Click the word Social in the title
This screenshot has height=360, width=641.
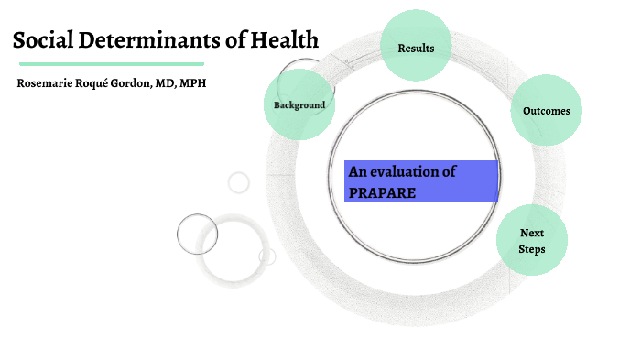tap(43, 40)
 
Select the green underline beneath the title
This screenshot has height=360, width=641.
tap(111, 64)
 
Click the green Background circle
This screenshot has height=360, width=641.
tap(299, 104)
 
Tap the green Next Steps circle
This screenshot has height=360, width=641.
tap(532, 240)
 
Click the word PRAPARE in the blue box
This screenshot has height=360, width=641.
tap(381, 192)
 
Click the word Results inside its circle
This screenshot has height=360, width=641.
tap(416, 48)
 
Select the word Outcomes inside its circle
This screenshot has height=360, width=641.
tap(546, 111)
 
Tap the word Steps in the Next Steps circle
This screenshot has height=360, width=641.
tap(532, 248)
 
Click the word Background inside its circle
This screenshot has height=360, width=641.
tap(299, 105)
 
